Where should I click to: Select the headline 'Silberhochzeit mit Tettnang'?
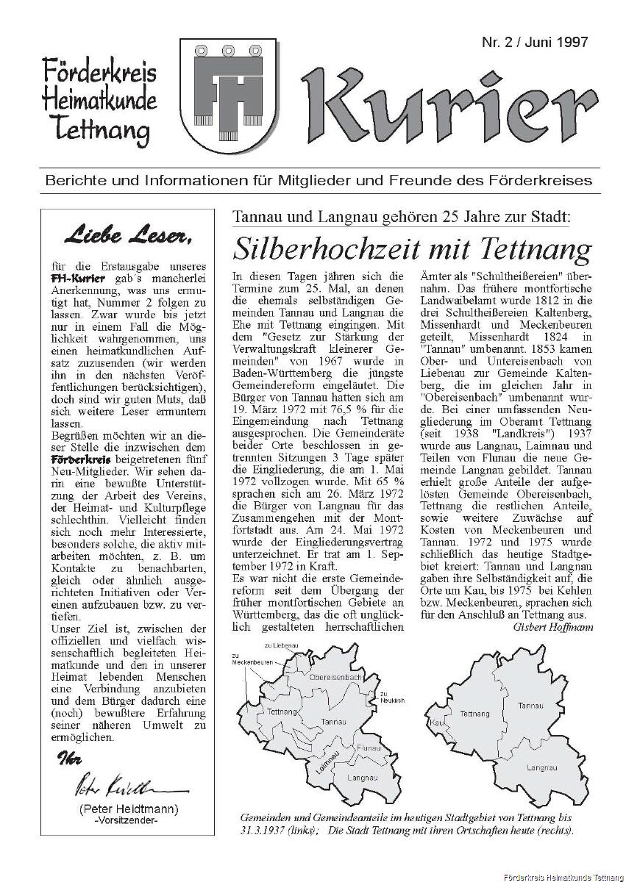coord(412,249)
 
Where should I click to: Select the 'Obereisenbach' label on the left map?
coord(335,676)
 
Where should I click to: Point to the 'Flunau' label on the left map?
coord(368,748)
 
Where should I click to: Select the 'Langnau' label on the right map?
coord(541,767)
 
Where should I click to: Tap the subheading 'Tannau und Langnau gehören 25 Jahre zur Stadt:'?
coord(401,217)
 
